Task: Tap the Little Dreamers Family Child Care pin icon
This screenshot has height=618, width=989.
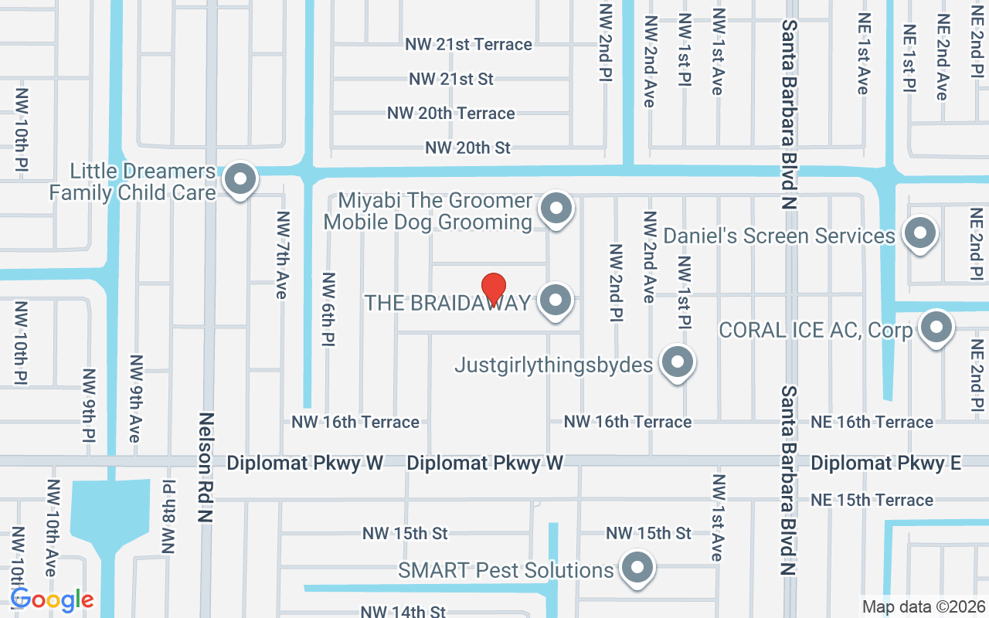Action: click(240, 180)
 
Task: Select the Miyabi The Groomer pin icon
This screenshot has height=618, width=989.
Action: click(556, 209)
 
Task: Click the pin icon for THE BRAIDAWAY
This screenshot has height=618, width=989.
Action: click(554, 301)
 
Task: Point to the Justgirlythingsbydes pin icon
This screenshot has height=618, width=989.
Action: click(678, 362)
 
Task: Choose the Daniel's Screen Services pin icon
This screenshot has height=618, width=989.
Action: click(919, 233)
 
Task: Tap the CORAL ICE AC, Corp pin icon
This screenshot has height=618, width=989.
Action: click(936, 328)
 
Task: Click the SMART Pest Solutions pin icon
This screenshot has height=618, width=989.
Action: click(637, 569)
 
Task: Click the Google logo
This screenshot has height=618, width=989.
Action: click(52, 599)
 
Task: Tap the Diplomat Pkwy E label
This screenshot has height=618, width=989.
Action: click(886, 463)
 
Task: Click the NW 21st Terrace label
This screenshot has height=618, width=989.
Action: click(468, 45)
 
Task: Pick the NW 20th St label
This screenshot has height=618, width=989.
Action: click(467, 147)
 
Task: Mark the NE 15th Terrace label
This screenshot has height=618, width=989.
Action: click(872, 500)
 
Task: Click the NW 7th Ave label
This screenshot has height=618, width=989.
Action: click(282, 254)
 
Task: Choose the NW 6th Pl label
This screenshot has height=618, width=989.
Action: click(328, 310)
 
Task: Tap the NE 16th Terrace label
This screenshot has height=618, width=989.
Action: click(872, 422)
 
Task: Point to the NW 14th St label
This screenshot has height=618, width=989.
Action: click(403, 611)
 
